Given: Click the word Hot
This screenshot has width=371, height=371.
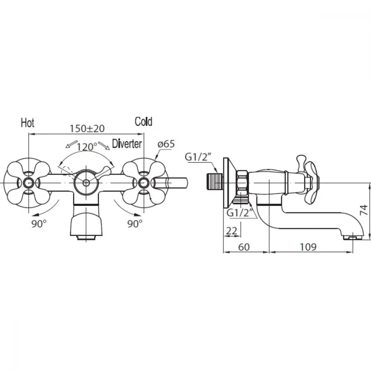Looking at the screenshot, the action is tap(28, 123).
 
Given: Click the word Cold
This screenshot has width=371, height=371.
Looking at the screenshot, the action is tap(143, 122).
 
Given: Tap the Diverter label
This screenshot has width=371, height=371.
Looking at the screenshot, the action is tap(127, 144).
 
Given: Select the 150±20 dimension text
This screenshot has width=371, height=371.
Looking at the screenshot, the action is tap(87, 128).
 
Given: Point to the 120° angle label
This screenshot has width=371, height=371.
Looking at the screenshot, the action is tap(86, 147).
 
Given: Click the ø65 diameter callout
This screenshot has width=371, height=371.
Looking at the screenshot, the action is tap(166, 144).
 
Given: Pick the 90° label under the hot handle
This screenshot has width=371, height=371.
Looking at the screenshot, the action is tap(39, 223).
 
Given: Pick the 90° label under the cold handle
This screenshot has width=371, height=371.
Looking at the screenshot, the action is tap(135, 223).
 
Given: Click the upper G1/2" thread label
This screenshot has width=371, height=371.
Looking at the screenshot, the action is tap(198, 157).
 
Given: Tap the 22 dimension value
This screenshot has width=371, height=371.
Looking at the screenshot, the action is tap(232, 231).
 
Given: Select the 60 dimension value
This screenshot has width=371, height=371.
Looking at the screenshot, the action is tap(244, 247).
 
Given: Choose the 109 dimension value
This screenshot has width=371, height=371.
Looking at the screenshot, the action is tap(308, 247).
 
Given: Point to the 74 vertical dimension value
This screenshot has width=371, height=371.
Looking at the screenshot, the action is tap(364, 210).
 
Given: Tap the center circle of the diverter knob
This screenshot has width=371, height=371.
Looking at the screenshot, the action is tap(86, 183).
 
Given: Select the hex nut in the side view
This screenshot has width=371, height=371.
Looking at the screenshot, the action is tap(242, 182).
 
